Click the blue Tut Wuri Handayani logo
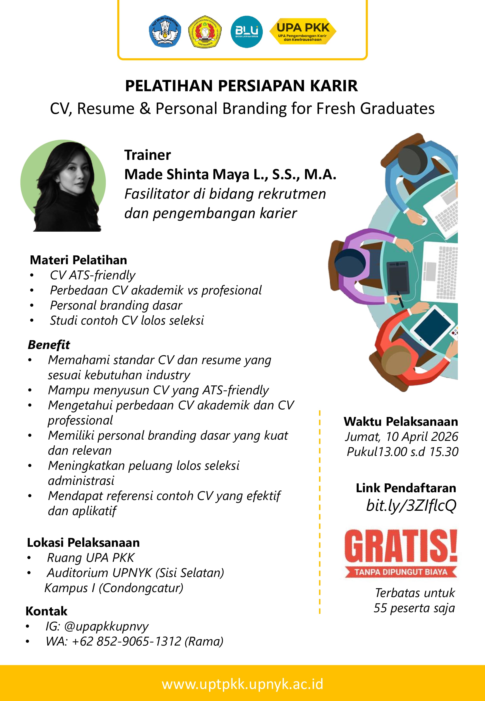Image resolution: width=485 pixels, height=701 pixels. pos(165,31)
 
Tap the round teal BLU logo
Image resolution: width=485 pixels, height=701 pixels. pos(246,32)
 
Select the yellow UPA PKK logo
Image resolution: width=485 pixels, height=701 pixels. pos(303,31)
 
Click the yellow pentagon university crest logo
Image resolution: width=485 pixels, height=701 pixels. pos(205,32)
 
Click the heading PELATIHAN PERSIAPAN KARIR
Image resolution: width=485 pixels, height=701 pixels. pos(242,86)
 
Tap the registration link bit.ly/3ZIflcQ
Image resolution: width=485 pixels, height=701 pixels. pos(411,506)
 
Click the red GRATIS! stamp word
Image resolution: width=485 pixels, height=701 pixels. pos(401,547)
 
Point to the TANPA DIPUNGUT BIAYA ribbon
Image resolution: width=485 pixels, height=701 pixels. pos(401,572)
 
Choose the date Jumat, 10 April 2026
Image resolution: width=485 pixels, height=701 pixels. pos(401,437)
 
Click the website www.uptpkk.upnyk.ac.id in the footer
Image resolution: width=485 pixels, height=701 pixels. pos(242,684)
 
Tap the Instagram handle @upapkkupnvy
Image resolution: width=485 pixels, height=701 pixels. pos(106,626)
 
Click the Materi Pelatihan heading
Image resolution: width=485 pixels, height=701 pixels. pos(78,260)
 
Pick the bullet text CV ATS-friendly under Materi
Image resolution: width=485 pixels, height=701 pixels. pos(92,275)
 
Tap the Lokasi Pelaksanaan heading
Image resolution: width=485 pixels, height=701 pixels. pos(83,543)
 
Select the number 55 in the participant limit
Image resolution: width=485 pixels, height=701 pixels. pos(380,608)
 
